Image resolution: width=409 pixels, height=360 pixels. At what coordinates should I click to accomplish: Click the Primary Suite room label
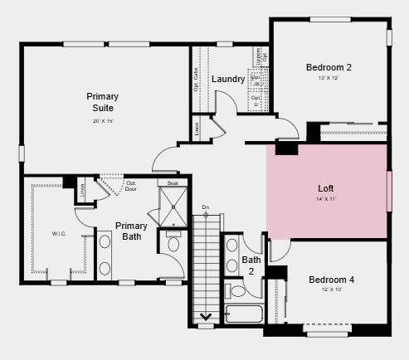(103, 102)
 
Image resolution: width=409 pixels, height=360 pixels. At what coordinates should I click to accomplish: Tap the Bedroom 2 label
(329, 67)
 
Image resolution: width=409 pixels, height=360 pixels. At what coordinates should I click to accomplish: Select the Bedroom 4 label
(331, 280)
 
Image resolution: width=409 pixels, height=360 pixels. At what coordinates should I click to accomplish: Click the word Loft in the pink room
(326, 187)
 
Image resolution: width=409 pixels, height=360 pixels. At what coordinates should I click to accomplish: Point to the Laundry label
(227, 80)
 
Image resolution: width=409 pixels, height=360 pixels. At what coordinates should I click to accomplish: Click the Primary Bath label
(131, 231)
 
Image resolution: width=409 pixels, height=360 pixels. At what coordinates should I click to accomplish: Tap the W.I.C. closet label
(59, 234)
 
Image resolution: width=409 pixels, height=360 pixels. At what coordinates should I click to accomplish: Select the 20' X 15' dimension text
(103, 121)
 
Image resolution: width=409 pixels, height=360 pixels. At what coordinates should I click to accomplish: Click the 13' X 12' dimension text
(329, 79)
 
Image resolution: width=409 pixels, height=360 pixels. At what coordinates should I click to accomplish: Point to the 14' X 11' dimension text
(326, 199)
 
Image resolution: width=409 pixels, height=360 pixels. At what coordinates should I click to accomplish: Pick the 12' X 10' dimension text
(331, 291)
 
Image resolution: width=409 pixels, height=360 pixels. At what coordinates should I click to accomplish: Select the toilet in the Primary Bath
(173, 243)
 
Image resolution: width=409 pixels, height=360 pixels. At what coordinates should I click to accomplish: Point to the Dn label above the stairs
(206, 207)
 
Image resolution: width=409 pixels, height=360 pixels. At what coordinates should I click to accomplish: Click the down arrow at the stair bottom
(206, 316)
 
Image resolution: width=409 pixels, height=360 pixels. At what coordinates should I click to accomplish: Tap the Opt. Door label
(130, 185)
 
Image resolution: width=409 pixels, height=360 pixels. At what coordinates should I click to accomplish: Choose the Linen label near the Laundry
(197, 129)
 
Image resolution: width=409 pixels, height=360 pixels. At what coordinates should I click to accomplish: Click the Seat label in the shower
(173, 182)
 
